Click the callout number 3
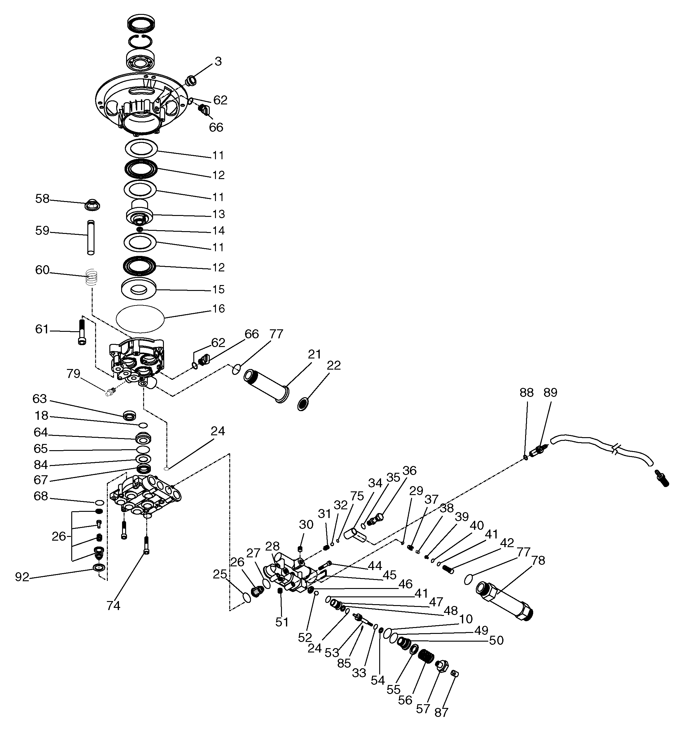(x=218, y=61)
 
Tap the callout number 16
(x=218, y=309)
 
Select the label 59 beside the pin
(x=42, y=231)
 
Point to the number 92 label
(x=22, y=577)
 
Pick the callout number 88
(x=526, y=393)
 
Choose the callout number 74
(x=113, y=606)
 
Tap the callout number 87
(x=441, y=712)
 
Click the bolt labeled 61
(x=81, y=332)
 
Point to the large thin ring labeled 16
(x=140, y=319)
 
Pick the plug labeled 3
(x=191, y=80)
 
